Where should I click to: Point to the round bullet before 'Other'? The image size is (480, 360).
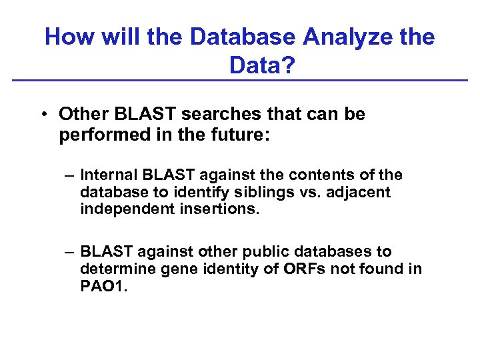pos(42,115)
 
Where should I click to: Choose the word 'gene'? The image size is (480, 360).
pos(169,269)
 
